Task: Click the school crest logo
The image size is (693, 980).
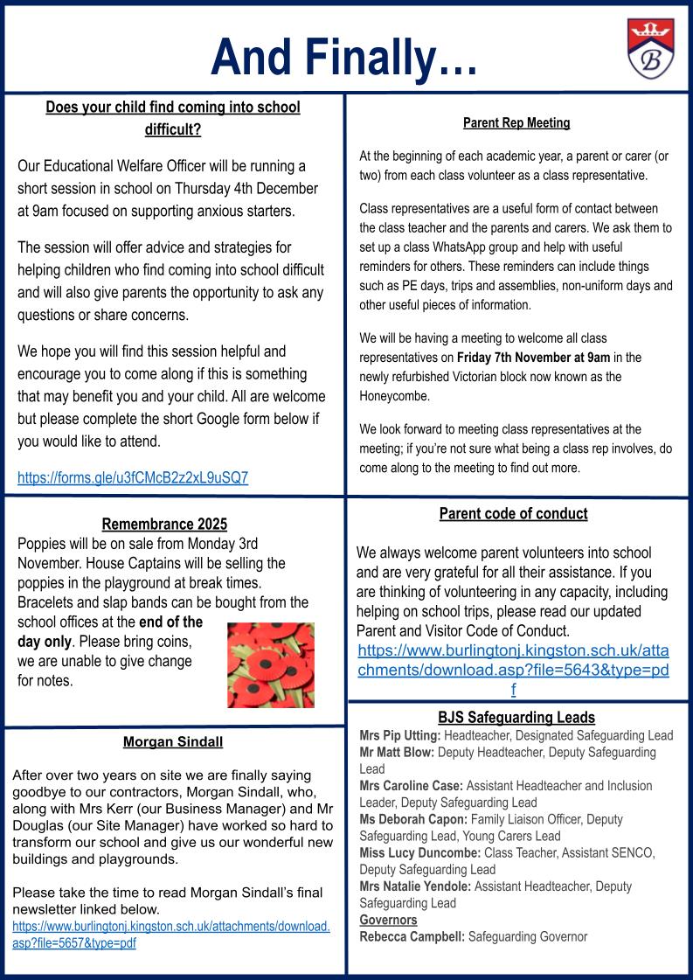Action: tap(649, 48)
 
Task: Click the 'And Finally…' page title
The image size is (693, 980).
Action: tap(343, 56)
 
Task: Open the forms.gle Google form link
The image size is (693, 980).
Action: tap(133, 477)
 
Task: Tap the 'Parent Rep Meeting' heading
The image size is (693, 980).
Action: tap(516, 123)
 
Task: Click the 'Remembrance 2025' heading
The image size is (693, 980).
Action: tap(164, 525)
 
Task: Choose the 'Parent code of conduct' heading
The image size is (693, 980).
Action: tap(513, 514)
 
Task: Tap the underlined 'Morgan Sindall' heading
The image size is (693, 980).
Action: tap(173, 742)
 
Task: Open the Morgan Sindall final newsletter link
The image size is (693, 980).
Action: tap(170, 935)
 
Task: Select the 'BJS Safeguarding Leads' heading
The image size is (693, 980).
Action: tap(516, 718)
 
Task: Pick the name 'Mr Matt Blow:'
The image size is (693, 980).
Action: tap(397, 752)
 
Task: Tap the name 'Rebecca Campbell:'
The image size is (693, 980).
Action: tap(412, 937)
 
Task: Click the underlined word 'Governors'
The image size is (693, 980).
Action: tap(388, 920)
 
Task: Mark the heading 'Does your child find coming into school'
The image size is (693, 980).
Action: tap(173, 108)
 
